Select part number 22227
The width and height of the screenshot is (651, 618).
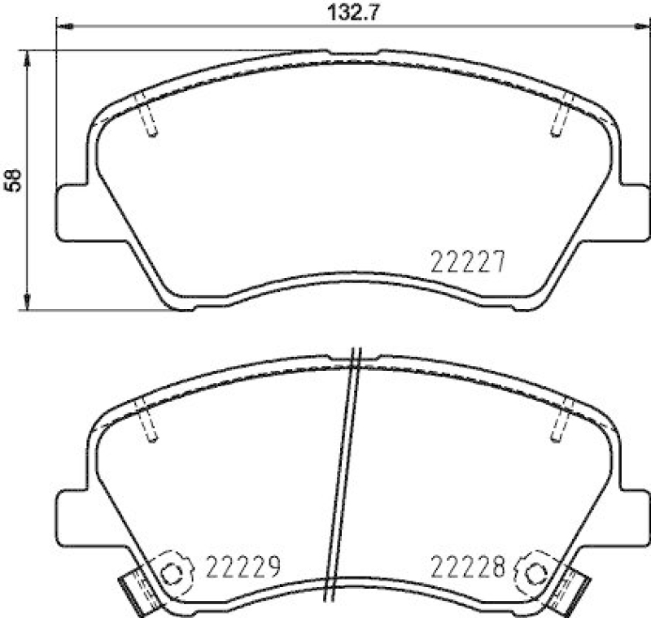[x=468, y=262]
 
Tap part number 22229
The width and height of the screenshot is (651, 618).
[x=242, y=564]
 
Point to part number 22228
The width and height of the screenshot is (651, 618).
[x=467, y=564]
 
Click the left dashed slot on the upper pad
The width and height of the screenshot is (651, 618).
[x=147, y=115]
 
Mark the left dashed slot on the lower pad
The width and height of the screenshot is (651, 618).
[x=147, y=422]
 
